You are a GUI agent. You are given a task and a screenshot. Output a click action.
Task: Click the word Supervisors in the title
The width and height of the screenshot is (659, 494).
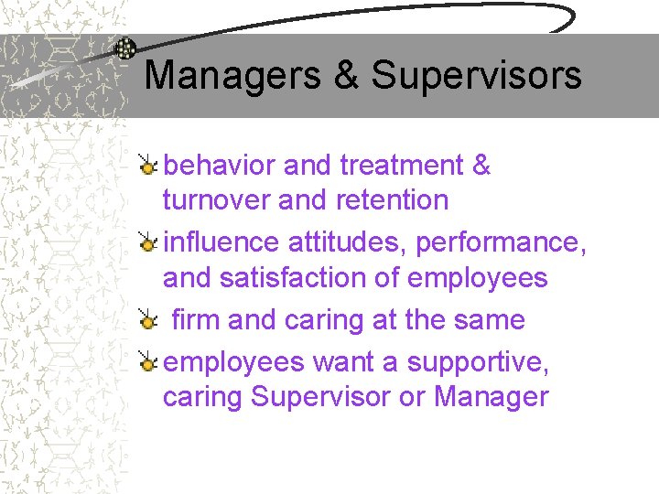(x=476, y=75)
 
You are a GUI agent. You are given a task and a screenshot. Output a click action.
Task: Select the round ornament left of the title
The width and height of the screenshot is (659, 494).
(x=125, y=49)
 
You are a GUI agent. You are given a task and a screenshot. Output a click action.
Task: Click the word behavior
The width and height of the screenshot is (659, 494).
(x=220, y=166)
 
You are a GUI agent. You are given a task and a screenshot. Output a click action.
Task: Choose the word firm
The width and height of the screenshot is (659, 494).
(x=196, y=320)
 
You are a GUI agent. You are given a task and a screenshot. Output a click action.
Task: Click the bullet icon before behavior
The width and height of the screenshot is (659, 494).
(x=147, y=166)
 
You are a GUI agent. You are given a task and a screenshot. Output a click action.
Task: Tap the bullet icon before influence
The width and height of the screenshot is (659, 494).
(x=147, y=242)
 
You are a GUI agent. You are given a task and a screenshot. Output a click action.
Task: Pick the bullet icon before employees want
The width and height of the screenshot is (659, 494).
(x=147, y=362)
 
